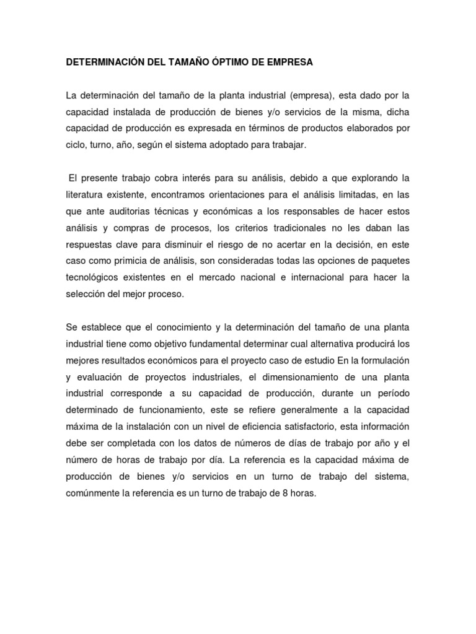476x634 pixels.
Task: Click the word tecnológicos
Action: tap(94, 276)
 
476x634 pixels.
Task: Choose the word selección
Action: tap(87, 293)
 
